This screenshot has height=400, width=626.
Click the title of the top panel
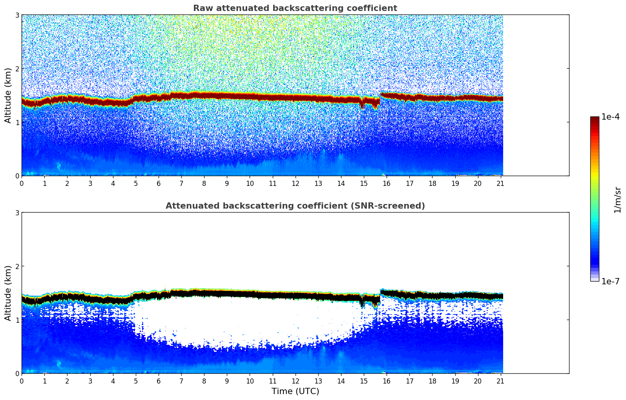coord(295,8)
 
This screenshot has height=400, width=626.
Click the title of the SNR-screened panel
coord(295,206)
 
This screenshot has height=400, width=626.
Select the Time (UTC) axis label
coord(295,391)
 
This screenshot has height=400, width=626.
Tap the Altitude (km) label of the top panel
coord(8,95)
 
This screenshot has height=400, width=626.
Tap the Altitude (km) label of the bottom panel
coord(8,293)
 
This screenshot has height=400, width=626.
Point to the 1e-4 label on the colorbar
coord(610,117)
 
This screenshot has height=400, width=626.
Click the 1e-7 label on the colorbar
coord(610,281)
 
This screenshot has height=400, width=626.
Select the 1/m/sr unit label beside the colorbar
coord(617,200)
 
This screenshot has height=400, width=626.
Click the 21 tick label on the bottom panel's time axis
coord(500,381)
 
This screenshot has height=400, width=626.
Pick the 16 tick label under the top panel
coord(387,183)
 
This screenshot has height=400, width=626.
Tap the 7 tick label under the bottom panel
coord(181,381)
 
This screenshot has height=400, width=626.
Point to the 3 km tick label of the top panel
coord(17,15)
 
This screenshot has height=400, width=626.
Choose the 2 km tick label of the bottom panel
coord(17,266)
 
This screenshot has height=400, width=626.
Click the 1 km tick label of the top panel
coord(17,122)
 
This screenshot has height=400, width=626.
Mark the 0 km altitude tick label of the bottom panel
coord(17,373)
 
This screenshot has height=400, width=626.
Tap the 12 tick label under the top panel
coord(295,183)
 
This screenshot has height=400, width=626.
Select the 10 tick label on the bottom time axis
coord(250,381)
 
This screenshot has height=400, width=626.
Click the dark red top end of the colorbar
coord(594,118)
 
